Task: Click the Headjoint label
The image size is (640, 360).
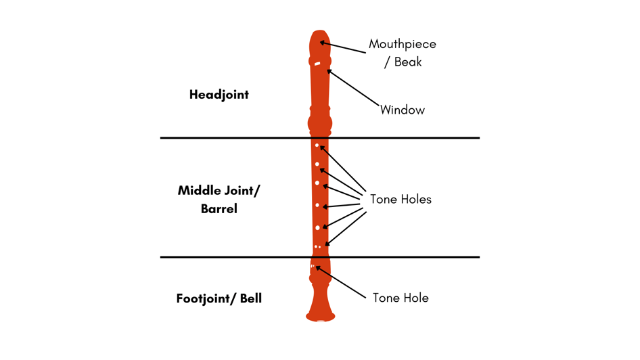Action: (219, 95)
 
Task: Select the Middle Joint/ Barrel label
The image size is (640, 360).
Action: (219, 200)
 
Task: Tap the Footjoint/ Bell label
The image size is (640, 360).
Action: (219, 298)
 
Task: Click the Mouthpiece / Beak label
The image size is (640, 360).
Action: (403, 53)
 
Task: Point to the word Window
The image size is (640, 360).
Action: (403, 110)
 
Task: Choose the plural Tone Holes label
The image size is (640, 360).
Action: (401, 199)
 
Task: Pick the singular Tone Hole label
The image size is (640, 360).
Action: (401, 298)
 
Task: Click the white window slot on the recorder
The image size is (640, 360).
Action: (317, 64)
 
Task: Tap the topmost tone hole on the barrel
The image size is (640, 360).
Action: (317, 145)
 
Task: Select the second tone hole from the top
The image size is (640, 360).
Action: (317, 164)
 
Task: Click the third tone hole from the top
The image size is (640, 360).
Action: (317, 183)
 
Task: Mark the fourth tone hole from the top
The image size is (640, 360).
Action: (317, 205)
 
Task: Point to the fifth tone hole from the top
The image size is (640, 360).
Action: (317, 227)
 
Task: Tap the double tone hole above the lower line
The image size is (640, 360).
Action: (317, 246)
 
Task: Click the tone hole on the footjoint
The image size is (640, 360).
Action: (312, 266)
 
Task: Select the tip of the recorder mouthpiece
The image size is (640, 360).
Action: (319, 34)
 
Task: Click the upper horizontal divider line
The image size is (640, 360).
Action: (237, 138)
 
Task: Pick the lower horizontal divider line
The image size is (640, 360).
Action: (237, 257)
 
